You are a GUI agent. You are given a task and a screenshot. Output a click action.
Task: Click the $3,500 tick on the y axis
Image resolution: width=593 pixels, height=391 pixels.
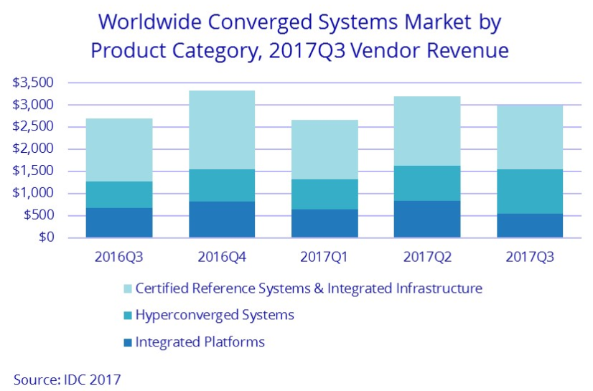coord(33,83)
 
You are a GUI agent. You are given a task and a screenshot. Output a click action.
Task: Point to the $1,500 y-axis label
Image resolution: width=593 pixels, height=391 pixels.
coord(33,171)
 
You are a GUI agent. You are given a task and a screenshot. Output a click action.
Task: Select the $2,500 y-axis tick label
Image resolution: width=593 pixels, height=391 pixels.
coord(33,127)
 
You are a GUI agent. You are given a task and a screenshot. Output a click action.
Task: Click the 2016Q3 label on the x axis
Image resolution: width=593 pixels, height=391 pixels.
coord(118,256)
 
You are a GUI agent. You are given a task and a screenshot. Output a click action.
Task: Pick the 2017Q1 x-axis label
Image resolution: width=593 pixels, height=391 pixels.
coord(324,256)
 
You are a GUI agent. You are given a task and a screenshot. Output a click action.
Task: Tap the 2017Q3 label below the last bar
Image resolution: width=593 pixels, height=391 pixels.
coord(529,256)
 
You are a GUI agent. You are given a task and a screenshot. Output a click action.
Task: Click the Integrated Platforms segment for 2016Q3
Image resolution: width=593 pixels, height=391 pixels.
coord(119,222)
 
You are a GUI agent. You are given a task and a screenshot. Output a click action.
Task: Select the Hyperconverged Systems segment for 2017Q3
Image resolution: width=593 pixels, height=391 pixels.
coord(529,192)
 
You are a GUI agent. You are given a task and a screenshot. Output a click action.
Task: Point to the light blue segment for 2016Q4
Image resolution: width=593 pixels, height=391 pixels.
coord(222,130)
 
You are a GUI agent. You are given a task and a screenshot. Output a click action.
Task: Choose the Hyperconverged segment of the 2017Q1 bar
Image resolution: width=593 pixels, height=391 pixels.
coord(324,194)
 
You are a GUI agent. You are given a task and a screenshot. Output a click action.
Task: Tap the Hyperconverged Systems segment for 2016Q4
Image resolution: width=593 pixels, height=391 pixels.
coord(222,185)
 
